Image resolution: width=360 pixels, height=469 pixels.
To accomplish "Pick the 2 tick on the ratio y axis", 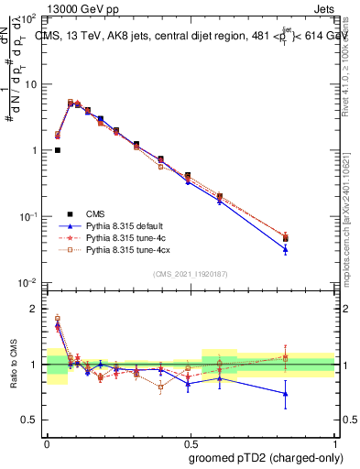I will [37, 309].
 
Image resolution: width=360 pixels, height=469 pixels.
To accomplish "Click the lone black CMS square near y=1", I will [58, 150].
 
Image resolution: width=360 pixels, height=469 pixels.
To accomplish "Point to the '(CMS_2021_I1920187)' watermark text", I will [191, 273].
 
